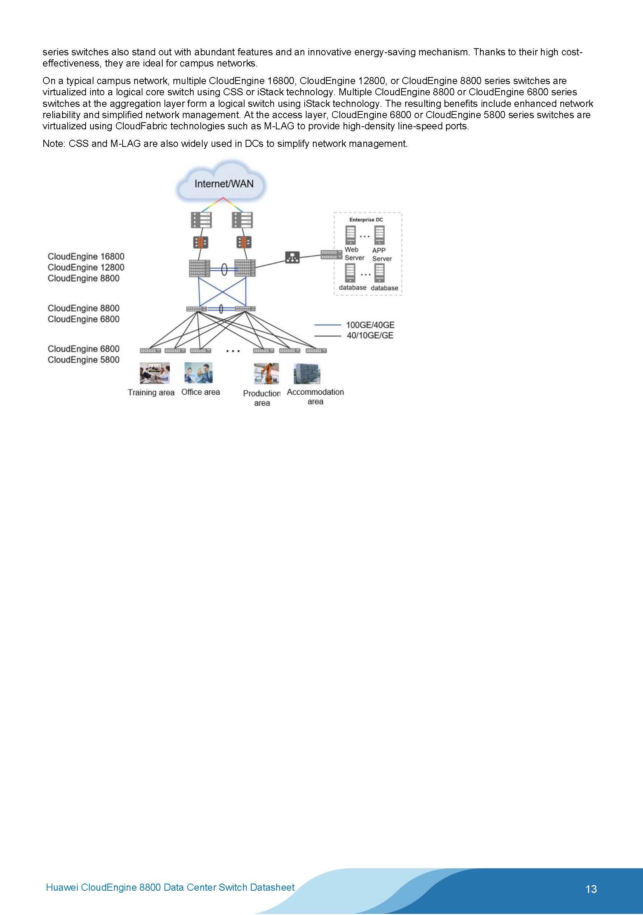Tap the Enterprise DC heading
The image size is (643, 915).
click(x=366, y=219)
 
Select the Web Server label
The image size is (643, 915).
click(x=354, y=253)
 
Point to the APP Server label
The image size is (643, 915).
click(x=381, y=254)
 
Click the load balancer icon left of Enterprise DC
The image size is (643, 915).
click(x=293, y=257)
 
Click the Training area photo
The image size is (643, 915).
click(x=155, y=373)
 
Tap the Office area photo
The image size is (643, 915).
click(x=199, y=373)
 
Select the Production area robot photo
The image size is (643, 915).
click(x=266, y=373)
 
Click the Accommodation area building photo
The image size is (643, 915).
click(x=307, y=373)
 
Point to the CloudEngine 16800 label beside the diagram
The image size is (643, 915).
click(x=86, y=257)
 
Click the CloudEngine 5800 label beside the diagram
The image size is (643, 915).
click(x=83, y=360)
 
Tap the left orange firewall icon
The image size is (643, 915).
click(x=200, y=242)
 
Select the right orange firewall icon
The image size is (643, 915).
click(x=244, y=242)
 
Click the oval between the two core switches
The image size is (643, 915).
click(x=224, y=270)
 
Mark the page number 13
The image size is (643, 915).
click(x=591, y=889)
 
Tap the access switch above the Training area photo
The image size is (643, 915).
click(x=150, y=351)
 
